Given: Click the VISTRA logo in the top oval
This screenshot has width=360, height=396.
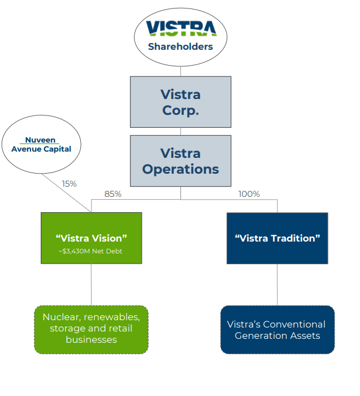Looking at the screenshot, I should pos(180,29).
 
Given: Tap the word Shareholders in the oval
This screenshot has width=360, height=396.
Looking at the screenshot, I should pos(180,46).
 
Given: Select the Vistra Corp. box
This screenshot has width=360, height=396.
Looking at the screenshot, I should pos(180,102).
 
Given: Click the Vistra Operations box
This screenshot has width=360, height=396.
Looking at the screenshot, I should pos(180,161).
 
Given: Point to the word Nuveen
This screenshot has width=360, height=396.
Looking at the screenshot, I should pos(40,140).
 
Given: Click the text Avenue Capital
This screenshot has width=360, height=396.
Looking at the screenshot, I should pos(40,149).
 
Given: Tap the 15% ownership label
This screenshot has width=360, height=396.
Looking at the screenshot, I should pos(68,184).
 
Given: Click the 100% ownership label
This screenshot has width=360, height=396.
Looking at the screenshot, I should pos(249,194).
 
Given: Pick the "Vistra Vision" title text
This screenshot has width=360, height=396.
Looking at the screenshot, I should pos(91,238).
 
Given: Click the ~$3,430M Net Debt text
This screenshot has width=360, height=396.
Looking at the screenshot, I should pos(91,251).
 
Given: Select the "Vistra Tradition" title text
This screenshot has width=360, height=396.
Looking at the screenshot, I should pos(277,238).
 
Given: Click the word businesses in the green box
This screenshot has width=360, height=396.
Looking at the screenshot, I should pos(91,339).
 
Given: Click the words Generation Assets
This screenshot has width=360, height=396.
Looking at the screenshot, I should pos(277,335).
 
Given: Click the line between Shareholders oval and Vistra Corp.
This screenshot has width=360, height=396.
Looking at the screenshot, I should pos(180,71).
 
